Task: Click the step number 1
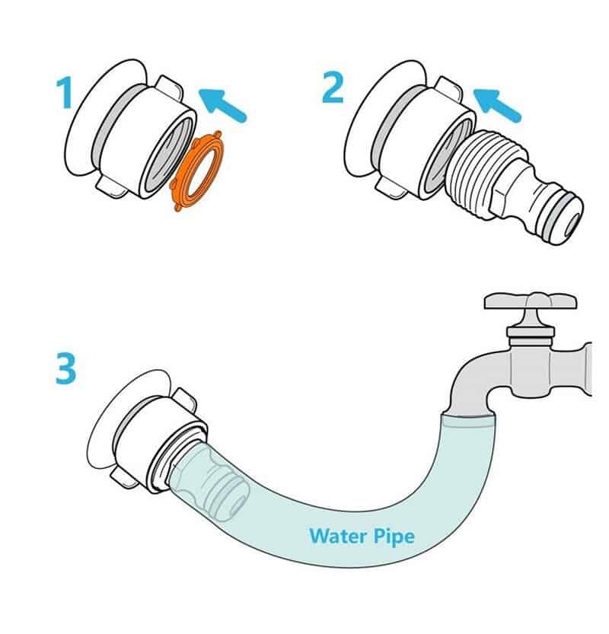click(65, 93)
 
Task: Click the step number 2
click(333, 88)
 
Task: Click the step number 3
click(65, 368)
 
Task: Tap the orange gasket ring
click(196, 170)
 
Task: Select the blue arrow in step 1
click(222, 105)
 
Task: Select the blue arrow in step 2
click(497, 106)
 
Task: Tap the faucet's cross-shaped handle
click(531, 301)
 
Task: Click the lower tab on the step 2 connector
click(391, 188)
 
